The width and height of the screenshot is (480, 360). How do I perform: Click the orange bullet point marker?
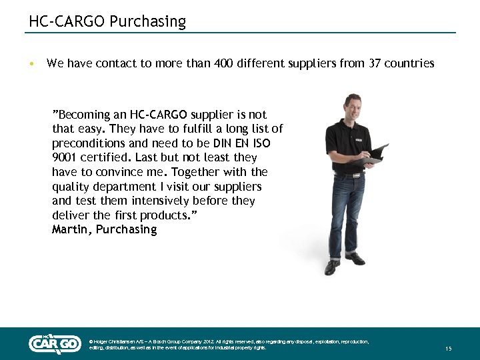click(x=31, y=64)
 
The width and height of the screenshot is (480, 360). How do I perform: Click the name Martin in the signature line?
click(x=73, y=229)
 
